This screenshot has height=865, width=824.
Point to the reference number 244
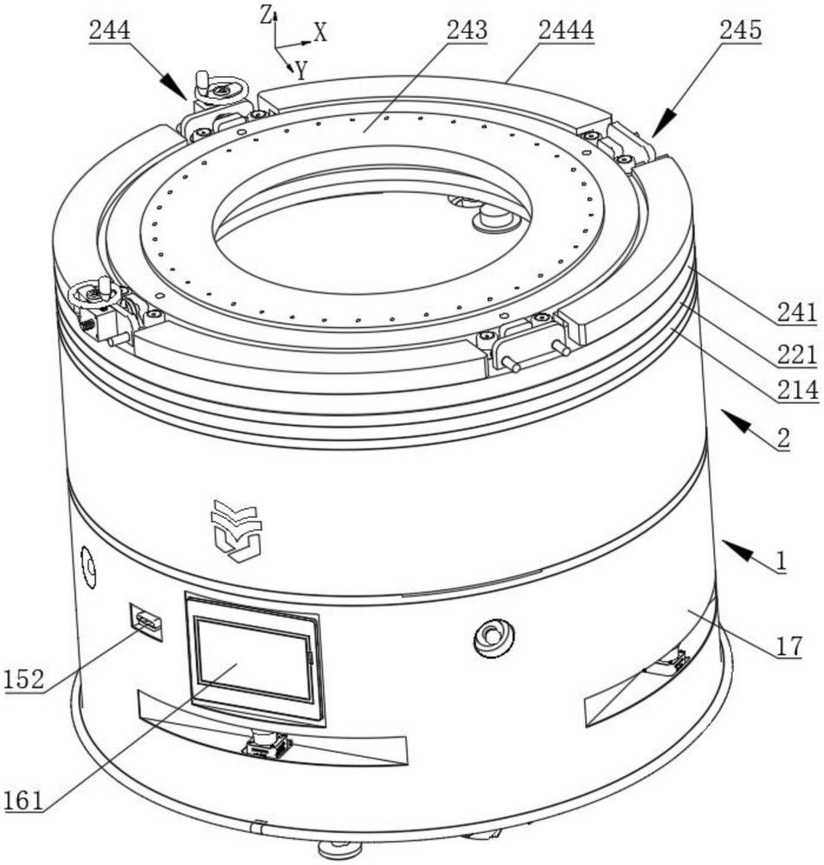(109, 31)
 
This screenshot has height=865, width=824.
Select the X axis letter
(320, 34)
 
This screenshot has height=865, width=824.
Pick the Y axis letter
(300, 72)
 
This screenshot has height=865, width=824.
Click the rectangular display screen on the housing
(252, 659)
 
